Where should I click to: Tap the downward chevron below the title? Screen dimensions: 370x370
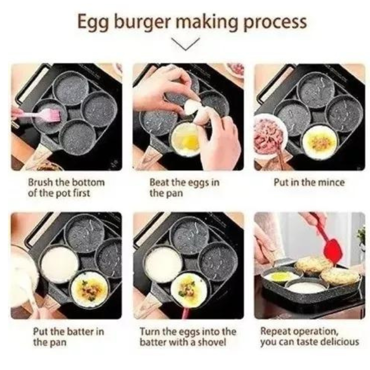185,44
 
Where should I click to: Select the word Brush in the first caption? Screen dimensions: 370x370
40,182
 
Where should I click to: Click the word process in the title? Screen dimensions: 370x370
275,23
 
